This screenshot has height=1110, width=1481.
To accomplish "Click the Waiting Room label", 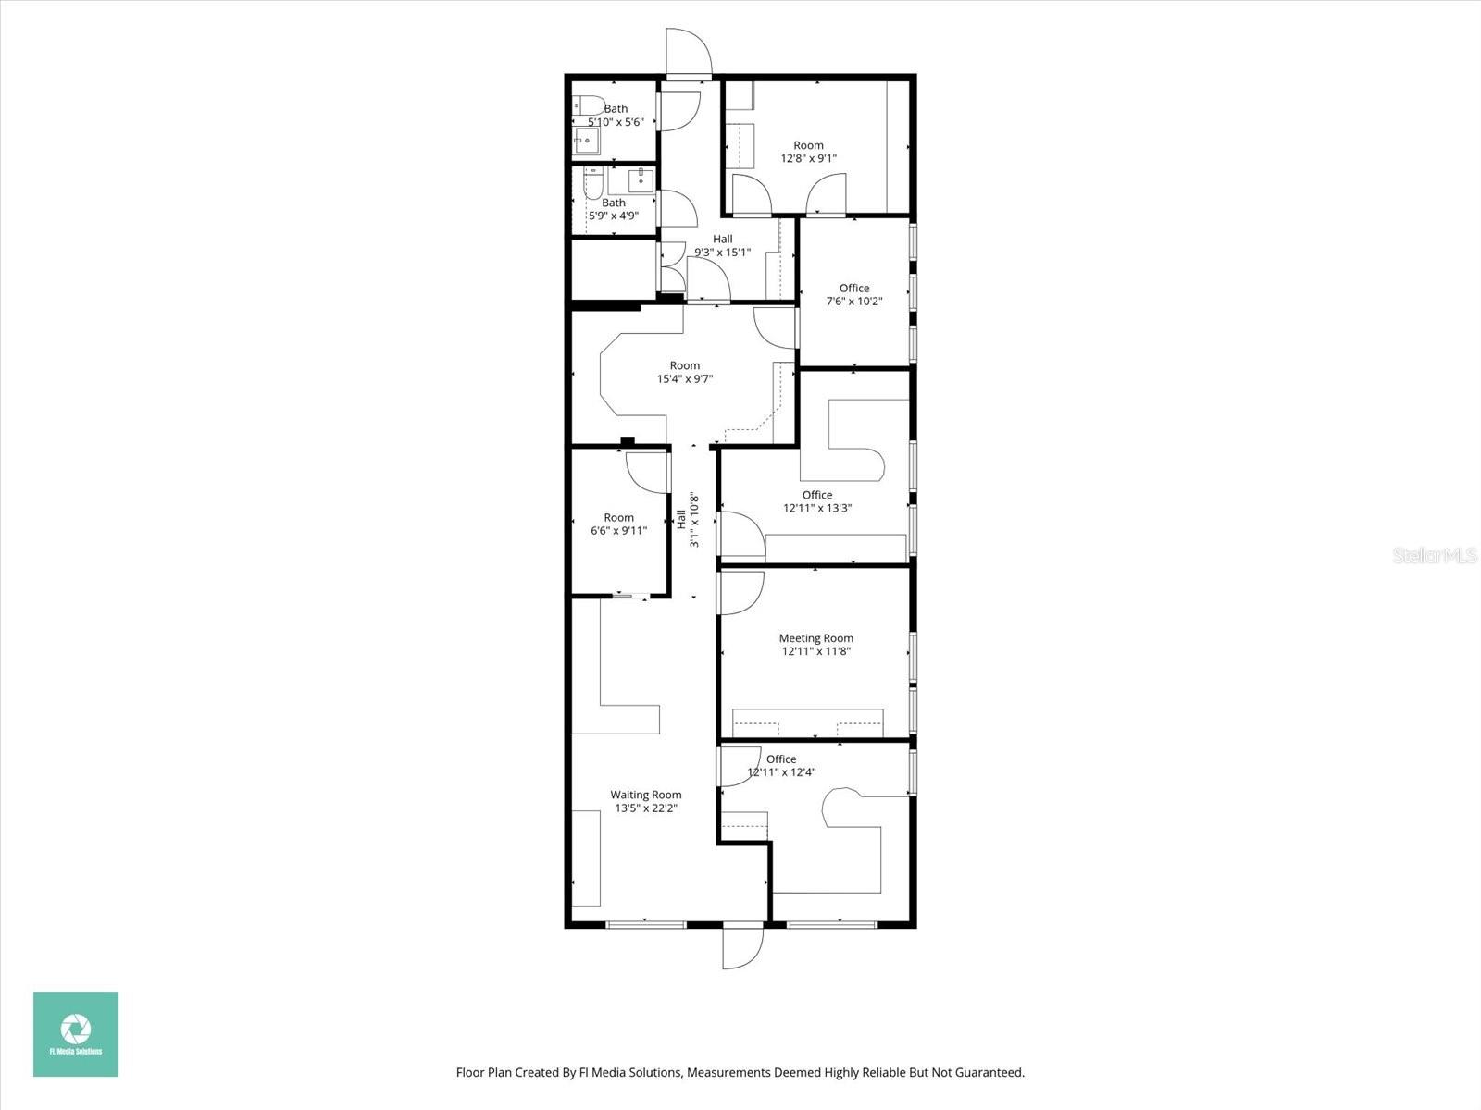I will click(645, 795).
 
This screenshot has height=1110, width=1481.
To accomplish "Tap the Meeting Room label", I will click(815, 638).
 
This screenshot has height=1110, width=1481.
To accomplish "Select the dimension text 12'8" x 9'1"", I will click(808, 158).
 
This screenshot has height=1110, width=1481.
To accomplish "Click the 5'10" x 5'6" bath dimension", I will click(616, 122).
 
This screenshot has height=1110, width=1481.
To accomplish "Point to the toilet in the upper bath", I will click(588, 105).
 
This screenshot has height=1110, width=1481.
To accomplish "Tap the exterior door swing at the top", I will click(690, 51).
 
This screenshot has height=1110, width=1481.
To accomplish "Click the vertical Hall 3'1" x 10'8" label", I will click(688, 520).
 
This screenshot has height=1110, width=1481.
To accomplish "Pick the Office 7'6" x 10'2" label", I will click(853, 294).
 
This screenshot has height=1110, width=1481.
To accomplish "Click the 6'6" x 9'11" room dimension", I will click(618, 531).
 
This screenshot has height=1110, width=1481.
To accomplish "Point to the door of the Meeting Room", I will click(742, 592).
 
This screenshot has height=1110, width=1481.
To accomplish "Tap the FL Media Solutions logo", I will click(76, 1034).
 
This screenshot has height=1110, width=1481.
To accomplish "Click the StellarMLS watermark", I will click(1435, 556).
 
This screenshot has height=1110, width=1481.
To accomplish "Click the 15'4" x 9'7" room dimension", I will click(684, 378).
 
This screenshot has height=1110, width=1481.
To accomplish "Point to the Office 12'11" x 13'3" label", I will click(816, 501).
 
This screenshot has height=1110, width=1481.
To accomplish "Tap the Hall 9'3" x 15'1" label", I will click(722, 245).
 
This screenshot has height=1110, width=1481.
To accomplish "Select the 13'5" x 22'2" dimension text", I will click(646, 808).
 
